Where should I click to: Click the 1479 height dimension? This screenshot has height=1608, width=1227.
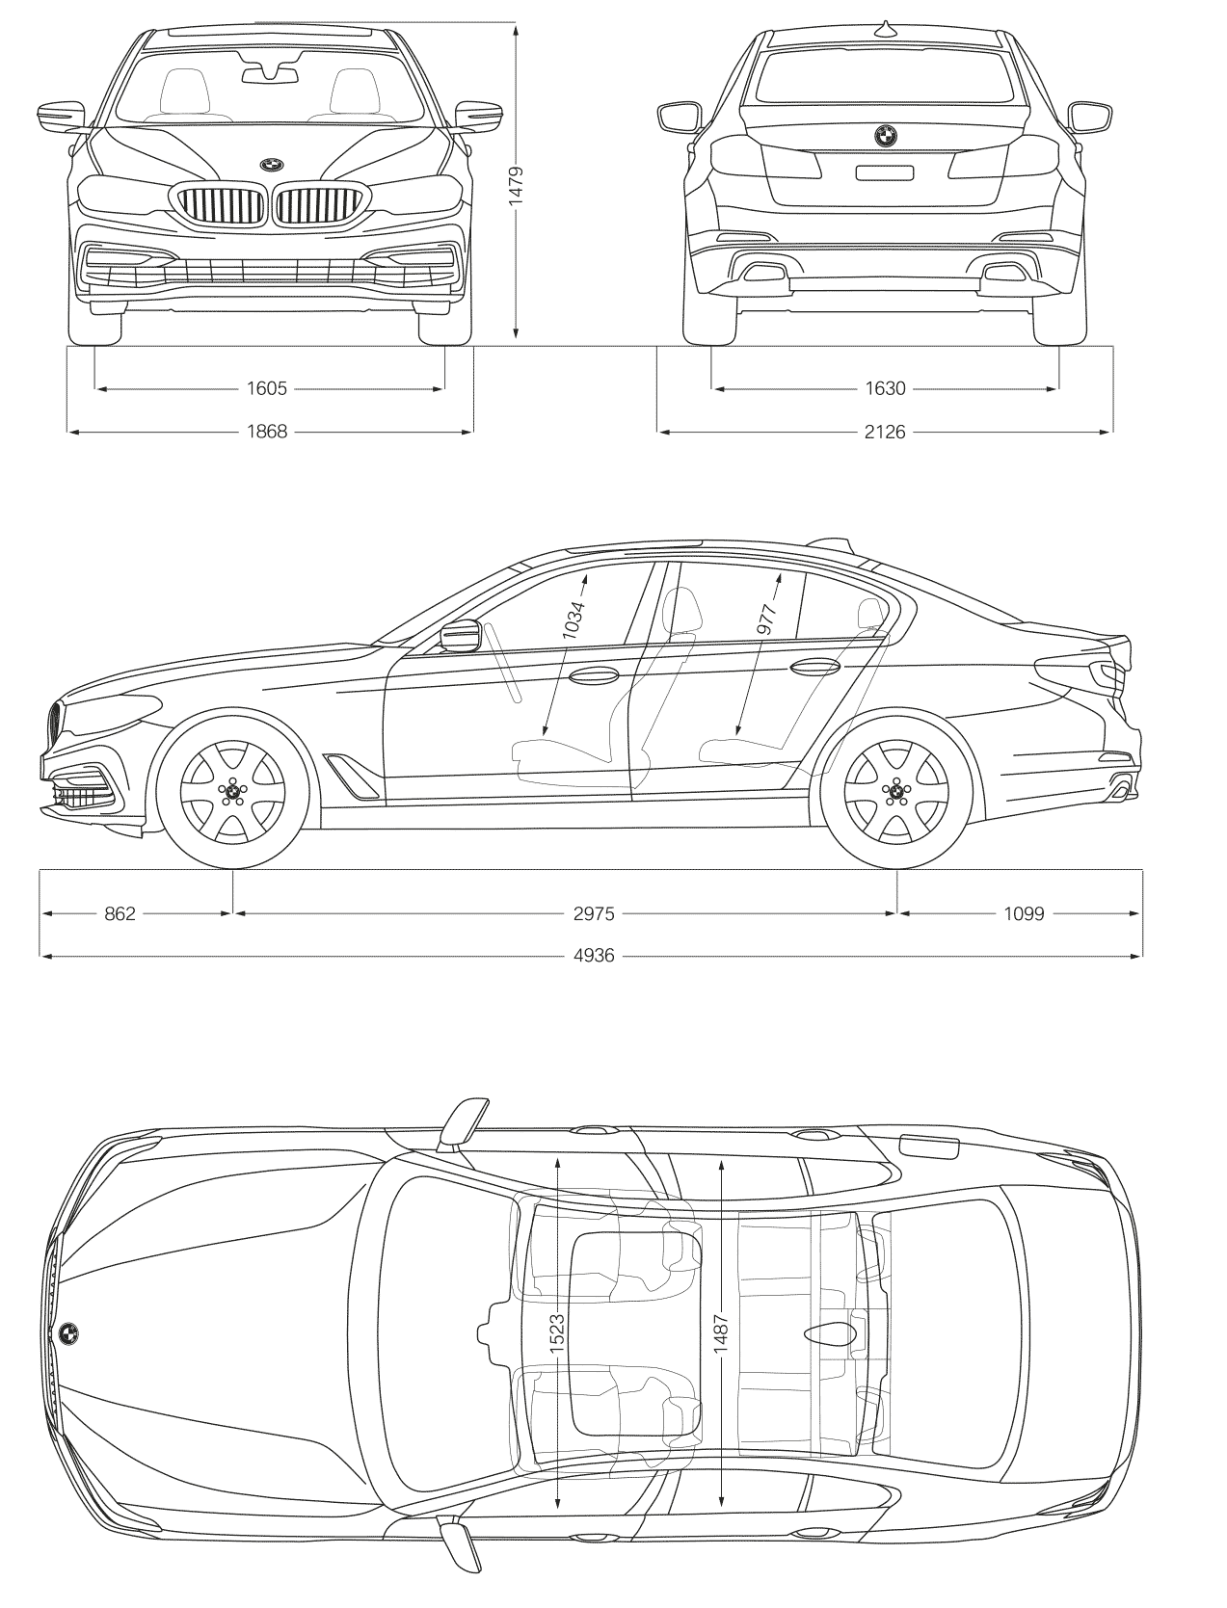point(516,184)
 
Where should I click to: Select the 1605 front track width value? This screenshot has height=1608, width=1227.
point(267,388)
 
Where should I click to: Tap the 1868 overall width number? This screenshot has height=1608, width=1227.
point(267,432)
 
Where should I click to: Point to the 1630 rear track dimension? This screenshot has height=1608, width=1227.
point(885,388)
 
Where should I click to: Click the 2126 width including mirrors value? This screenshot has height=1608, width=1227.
point(885,432)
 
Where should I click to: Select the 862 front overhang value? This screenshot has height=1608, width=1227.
point(120,913)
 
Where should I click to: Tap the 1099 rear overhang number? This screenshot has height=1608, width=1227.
point(1023,913)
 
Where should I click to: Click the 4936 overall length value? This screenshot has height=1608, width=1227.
point(593,956)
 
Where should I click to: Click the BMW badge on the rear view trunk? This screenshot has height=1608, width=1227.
point(885,136)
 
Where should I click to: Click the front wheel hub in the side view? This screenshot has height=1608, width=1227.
point(232,791)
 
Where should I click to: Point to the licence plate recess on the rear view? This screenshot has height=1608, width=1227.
point(885,172)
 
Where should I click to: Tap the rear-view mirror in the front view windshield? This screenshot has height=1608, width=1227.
point(270,72)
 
